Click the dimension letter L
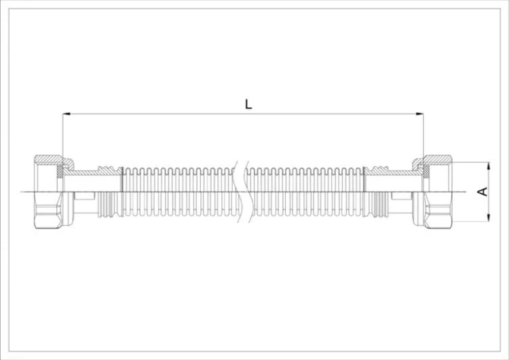tap(248, 104)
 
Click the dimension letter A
tap(483, 192)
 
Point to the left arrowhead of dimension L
tap(67, 113)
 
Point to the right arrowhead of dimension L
tap(419, 113)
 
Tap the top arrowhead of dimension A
tap(489, 166)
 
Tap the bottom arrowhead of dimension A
tap(489, 217)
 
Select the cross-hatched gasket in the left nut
tap(60, 172)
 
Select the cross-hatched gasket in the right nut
tap(426, 172)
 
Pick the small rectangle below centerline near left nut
tap(84, 196)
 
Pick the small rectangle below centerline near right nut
tap(402, 196)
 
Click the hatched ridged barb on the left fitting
tap(110, 170)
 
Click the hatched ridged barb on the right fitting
tap(377, 170)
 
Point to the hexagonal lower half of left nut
tap(49, 210)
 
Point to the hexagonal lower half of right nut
tap(438, 210)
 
